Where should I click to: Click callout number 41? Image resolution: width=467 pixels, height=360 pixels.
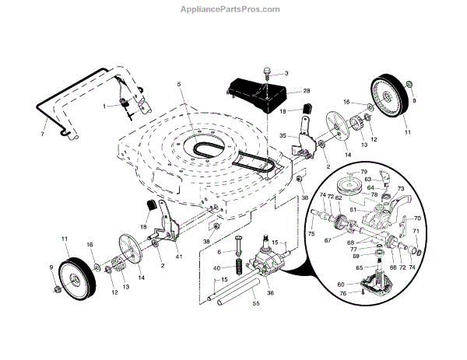179,257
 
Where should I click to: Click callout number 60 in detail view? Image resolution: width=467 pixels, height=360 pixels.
340,285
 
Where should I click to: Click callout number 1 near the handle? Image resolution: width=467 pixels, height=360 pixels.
104,106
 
